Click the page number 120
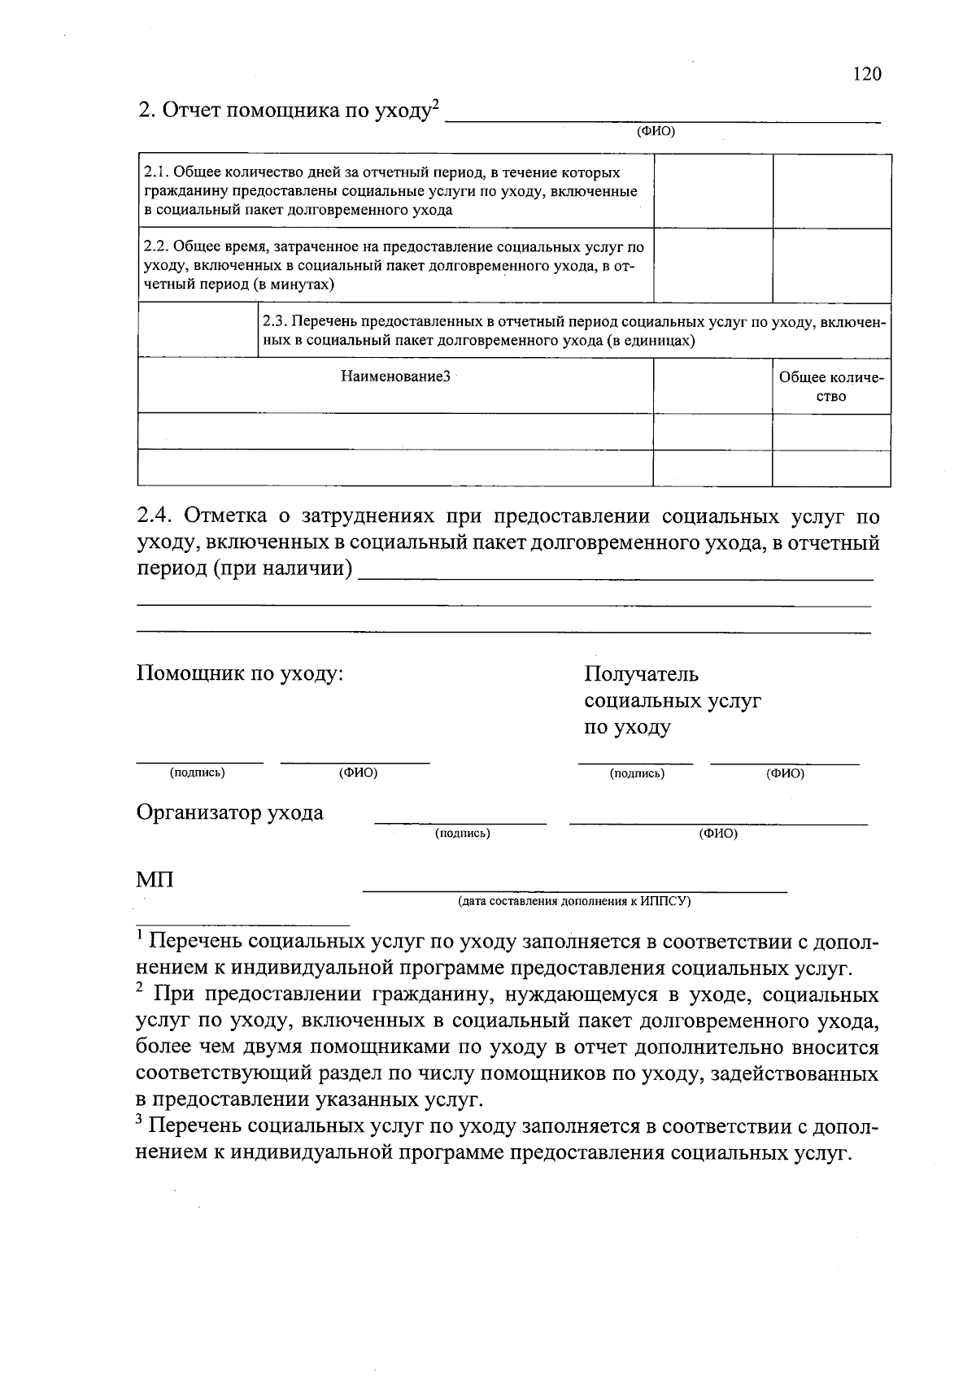tap(866, 75)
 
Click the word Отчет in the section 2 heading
tap(191, 111)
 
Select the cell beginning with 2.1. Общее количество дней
tap(390, 191)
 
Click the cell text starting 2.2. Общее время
tap(394, 265)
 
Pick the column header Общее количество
tap(830, 387)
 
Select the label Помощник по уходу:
tap(240, 674)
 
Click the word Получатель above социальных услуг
tap(641, 674)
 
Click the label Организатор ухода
tap(229, 812)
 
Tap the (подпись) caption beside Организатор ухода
tap(462, 834)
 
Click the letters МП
tap(155, 880)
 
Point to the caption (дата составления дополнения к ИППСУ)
tap(573, 901)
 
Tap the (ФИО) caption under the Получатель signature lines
tap(784, 773)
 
